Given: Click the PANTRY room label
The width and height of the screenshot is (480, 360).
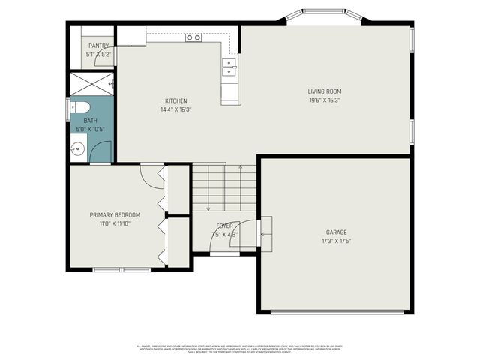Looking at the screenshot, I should [98, 46].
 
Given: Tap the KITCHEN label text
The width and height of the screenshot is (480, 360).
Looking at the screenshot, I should [176, 101].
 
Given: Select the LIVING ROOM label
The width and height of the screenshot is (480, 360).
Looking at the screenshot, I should [324, 92].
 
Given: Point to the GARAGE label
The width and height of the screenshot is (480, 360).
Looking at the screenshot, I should [336, 232].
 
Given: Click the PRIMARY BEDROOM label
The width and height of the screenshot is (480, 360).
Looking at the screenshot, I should [115, 215].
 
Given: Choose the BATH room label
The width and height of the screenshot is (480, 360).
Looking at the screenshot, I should [90, 121].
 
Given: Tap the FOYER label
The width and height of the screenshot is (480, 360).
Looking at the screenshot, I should [224, 226].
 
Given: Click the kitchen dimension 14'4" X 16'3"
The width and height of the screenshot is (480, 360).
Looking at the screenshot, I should [176, 109].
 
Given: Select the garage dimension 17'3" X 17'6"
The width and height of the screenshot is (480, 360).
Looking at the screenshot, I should [336, 241].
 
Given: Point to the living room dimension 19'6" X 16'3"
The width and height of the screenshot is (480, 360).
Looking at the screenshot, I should [324, 100].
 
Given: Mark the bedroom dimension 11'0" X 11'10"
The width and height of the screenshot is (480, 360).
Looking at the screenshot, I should [115, 223].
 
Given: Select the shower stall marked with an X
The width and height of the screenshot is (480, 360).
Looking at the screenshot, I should [91, 83].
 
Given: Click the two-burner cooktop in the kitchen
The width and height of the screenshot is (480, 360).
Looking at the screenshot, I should [193, 37].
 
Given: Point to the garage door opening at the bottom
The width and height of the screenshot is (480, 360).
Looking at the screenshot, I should [334, 310].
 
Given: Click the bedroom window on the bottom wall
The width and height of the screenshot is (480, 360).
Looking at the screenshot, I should [121, 268].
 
